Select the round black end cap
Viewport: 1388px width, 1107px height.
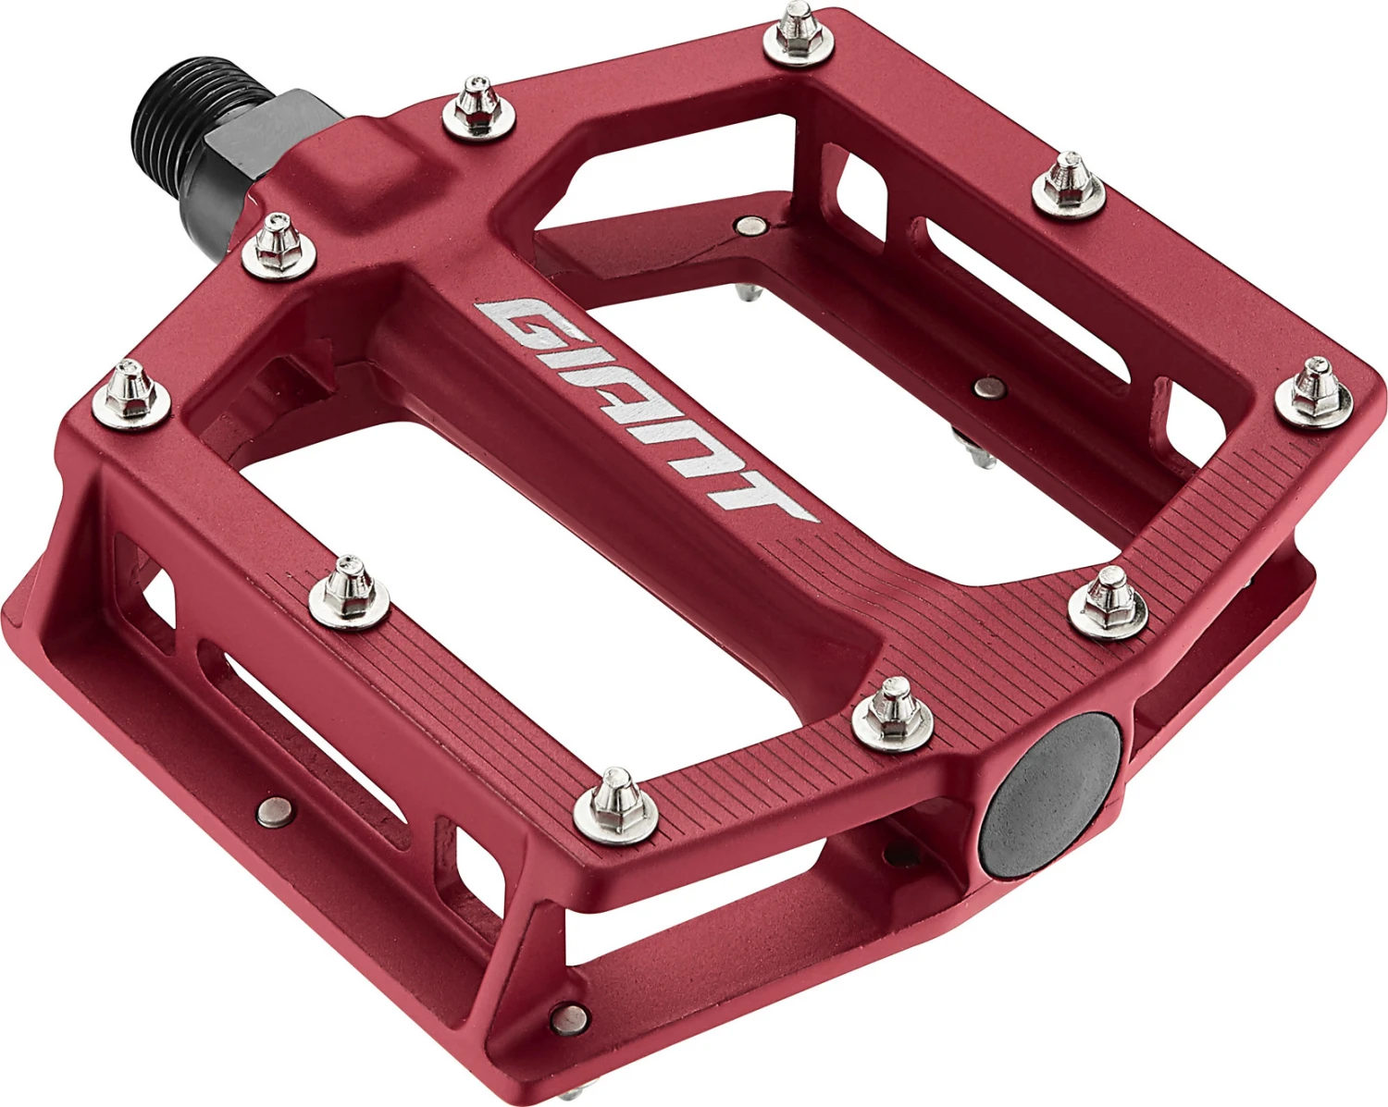point(1051,796)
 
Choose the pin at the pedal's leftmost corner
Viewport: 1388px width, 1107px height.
point(131,389)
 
